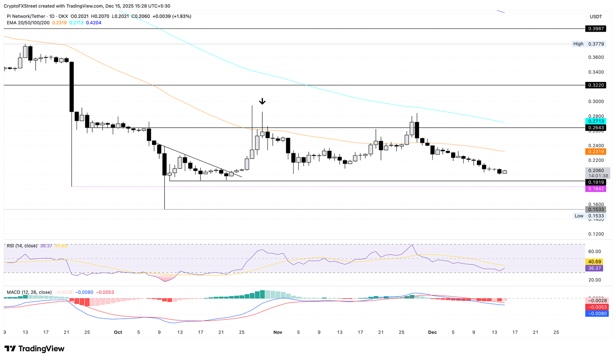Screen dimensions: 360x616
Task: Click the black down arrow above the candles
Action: click(x=262, y=101)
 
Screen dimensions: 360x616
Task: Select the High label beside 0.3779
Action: click(x=578, y=44)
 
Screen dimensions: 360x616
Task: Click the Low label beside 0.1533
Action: click(x=579, y=216)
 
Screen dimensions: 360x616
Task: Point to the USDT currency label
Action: click(x=596, y=16)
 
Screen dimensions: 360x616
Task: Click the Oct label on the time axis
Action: click(x=118, y=332)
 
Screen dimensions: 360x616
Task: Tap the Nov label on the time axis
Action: click(x=278, y=332)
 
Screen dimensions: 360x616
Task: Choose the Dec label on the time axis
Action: click(x=432, y=332)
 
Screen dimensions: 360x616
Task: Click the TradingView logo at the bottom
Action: click(x=34, y=349)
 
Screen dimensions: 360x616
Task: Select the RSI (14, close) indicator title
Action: click(x=22, y=246)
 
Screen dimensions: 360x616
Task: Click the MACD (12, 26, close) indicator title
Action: click(x=29, y=292)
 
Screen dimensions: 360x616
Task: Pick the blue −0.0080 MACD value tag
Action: click(x=596, y=313)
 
